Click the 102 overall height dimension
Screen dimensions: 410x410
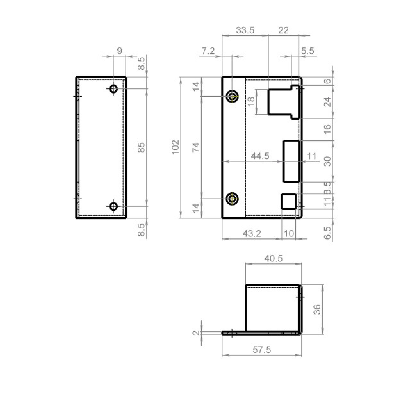click(x=176, y=147)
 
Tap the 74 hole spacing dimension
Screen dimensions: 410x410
click(x=196, y=147)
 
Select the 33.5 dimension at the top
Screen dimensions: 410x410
click(x=245, y=30)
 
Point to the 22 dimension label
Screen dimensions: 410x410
click(x=283, y=30)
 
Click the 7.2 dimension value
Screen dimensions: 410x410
click(x=208, y=51)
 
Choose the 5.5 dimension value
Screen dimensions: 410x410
click(x=307, y=51)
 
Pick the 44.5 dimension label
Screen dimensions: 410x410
click(x=260, y=156)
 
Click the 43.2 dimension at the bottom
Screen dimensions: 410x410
click(x=252, y=234)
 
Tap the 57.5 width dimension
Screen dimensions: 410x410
click(x=262, y=349)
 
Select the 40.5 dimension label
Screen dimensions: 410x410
click(x=274, y=258)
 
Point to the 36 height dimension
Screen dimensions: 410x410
click(x=317, y=309)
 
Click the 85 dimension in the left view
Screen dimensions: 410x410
click(x=141, y=147)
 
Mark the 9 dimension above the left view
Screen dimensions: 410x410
click(x=119, y=51)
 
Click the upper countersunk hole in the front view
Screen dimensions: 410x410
click(x=232, y=97)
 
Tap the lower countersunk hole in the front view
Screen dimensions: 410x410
click(x=232, y=199)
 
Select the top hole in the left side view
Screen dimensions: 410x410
click(x=113, y=88)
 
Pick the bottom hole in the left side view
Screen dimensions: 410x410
click(x=113, y=206)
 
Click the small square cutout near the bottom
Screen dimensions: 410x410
click(x=289, y=201)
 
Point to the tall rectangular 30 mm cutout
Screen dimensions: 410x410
click(x=291, y=161)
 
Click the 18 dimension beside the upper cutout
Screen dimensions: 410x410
click(x=251, y=102)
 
